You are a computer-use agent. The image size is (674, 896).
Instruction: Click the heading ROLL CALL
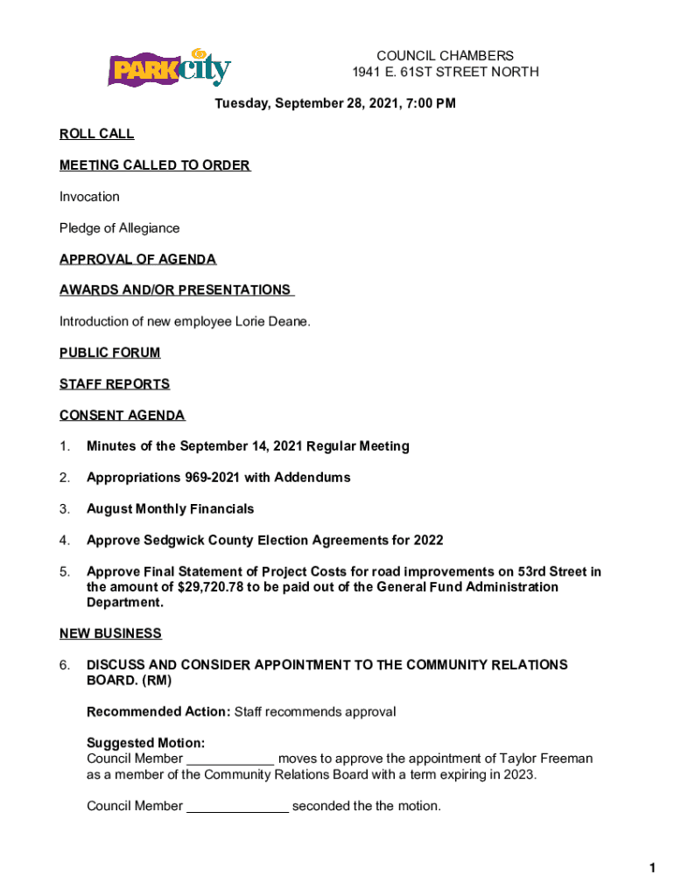tap(96, 134)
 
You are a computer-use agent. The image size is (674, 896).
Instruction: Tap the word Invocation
tap(89, 197)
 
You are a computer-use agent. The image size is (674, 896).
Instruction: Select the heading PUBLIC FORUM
tap(109, 353)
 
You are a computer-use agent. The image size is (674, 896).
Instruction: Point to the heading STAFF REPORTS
tap(115, 384)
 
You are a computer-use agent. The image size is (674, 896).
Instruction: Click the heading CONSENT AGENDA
tap(122, 416)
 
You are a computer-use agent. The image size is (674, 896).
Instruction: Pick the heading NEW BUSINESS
tap(110, 633)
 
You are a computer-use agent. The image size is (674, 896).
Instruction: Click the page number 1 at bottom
tap(652, 868)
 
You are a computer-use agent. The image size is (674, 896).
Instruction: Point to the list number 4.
tap(65, 540)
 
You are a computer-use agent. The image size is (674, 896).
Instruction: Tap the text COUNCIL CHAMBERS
tap(446, 56)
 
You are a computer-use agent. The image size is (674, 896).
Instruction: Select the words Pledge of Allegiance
tap(119, 228)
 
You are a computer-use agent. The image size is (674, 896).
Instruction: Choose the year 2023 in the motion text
tap(516, 774)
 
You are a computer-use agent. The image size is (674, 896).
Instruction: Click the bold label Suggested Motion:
tap(146, 743)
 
